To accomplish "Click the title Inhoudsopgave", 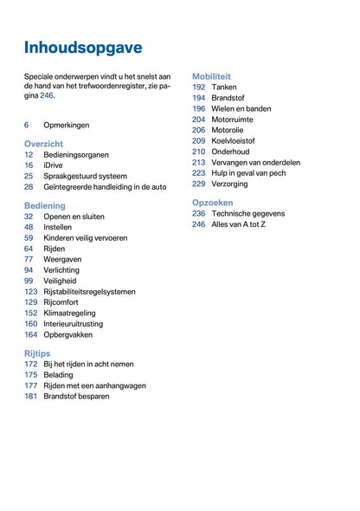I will [x=83, y=47].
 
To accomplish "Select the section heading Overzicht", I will [x=43, y=143].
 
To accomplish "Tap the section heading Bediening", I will [x=45, y=205].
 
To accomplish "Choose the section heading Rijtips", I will [x=38, y=353].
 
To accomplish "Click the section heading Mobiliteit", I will [x=211, y=76].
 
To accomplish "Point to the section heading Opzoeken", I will [x=213, y=202].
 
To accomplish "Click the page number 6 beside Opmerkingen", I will [x=27, y=125].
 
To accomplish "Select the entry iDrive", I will [x=55, y=165].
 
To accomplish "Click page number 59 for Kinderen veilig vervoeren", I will [x=29, y=237].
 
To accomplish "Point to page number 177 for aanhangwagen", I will [x=30, y=385].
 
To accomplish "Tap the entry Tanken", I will [x=224, y=87].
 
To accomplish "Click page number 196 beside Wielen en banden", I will [x=198, y=108].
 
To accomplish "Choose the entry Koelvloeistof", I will [x=234, y=140].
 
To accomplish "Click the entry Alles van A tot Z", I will [x=239, y=224].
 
